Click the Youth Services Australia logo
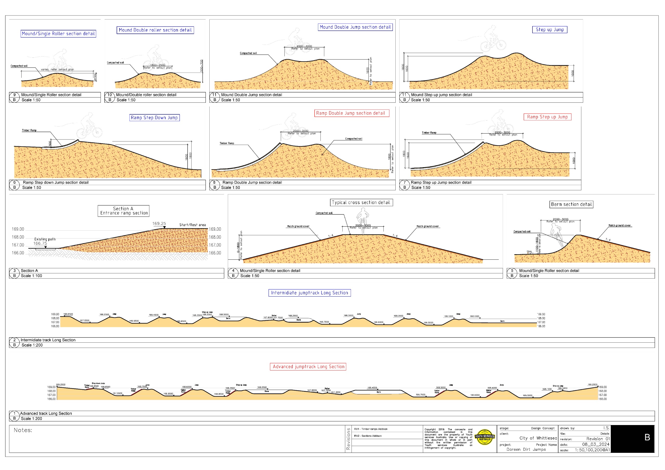click(484, 438)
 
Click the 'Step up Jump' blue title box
click(549, 30)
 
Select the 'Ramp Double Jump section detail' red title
click(352, 113)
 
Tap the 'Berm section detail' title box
click(571, 204)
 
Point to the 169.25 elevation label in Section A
click(159, 223)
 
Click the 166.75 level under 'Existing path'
click(40, 243)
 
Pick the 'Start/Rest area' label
click(192, 225)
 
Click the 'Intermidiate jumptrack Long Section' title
click(309, 293)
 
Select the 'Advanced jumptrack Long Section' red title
click(308, 367)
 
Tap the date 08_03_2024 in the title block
click(595, 444)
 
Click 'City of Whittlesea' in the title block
click(538, 438)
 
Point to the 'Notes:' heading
click(23, 430)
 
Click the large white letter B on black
click(647, 438)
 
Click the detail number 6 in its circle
click(14, 182)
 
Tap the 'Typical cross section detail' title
click(361, 203)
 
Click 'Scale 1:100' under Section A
click(31, 276)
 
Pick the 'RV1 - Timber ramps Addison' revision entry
click(370, 429)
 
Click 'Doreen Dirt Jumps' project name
click(526, 449)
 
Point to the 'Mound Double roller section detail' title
click(155, 30)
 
